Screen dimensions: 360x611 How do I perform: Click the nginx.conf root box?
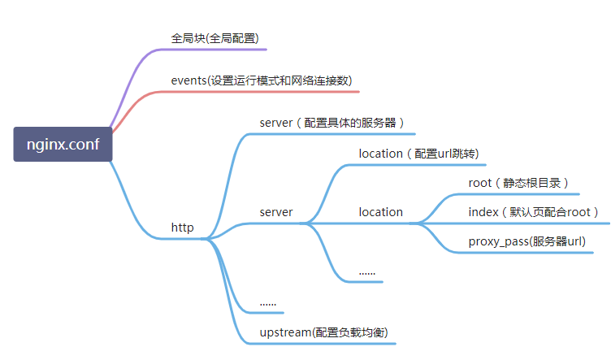click(63, 145)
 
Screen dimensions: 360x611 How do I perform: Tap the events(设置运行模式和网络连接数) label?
click(261, 80)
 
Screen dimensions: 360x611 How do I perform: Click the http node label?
click(182, 228)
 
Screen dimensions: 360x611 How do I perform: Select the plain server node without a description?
click(276, 212)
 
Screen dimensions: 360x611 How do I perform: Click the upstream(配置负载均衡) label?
click(323, 332)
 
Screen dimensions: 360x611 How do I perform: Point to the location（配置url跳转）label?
click(418, 154)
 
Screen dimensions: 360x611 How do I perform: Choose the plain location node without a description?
click(380, 212)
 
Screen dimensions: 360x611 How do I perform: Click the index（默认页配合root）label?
click(533, 212)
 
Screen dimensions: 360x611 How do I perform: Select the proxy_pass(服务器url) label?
click(526, 241)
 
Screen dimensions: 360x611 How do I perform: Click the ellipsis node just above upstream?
click(268, 302)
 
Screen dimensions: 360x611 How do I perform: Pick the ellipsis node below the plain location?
click(367, 271)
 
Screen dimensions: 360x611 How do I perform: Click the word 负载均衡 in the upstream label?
click(362, 332)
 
